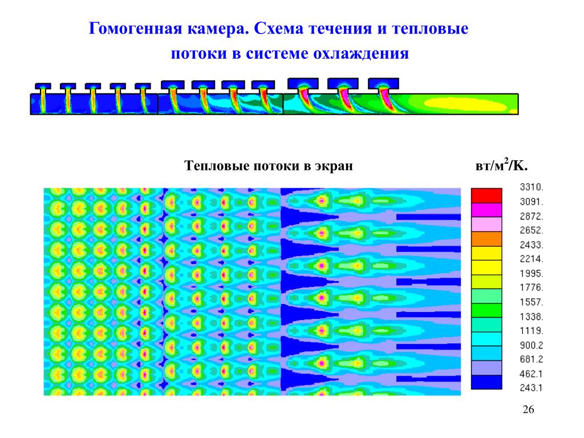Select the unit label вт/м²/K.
tap(501, 165)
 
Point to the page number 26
tap(529, 409)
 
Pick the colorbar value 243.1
tap(532, 388)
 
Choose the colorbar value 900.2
tap(532, 345)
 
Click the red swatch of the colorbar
tap(486, 196)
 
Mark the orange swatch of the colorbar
tap(486, 239)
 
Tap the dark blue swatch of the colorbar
tap(486, 382)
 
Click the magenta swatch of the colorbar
tap(486, 210)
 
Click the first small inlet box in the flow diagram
tap(43, 86)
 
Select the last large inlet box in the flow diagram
tap(384, 83)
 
